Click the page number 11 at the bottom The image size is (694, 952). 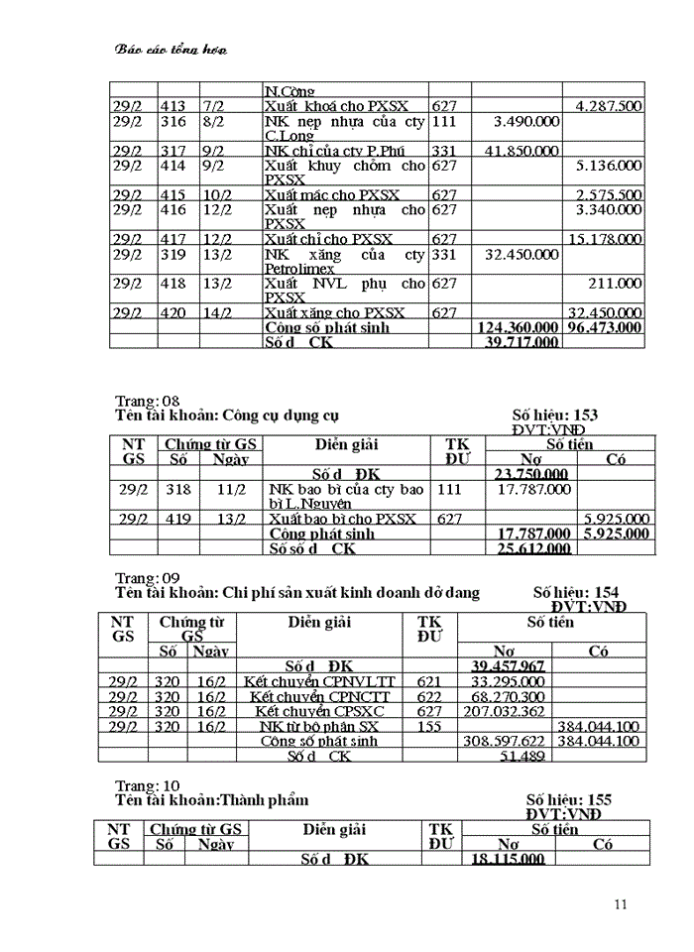[622, 903]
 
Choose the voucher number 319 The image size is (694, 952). [173, 254]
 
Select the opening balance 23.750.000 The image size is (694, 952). [530, 474]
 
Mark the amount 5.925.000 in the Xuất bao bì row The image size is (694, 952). [616, 519]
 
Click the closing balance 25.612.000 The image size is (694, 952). [531, 548]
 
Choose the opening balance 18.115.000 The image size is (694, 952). [508, 859]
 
